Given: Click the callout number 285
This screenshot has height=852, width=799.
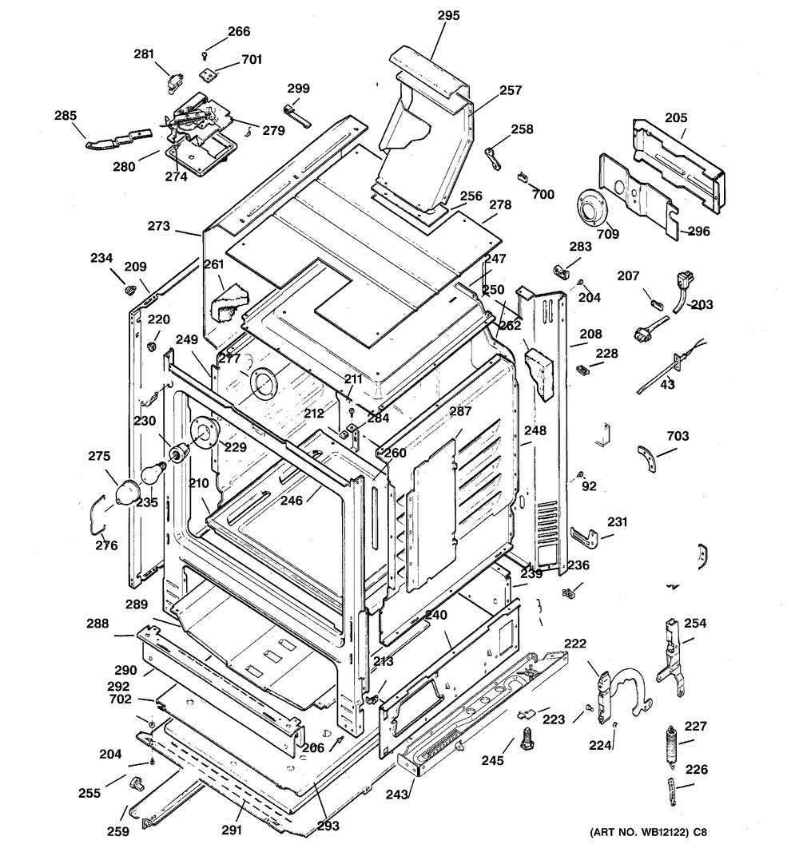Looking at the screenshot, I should [x=66, y=116].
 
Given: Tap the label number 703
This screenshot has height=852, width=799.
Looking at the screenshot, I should [x=676, y=436].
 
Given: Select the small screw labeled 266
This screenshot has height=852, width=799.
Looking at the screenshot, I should [x=206, y=53].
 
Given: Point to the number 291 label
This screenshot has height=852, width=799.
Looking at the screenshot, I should [x=232, y=830].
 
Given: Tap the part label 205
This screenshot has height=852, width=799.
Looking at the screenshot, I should [x=676, y=117].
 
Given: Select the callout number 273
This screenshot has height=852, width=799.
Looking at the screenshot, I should [x=159, y=226].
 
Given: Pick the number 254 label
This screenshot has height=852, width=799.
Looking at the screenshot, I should [x=695, y=623].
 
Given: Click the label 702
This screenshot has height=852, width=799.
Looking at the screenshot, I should [x=121, y=699].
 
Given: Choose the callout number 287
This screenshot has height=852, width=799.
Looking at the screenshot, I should [x=461, y=411].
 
